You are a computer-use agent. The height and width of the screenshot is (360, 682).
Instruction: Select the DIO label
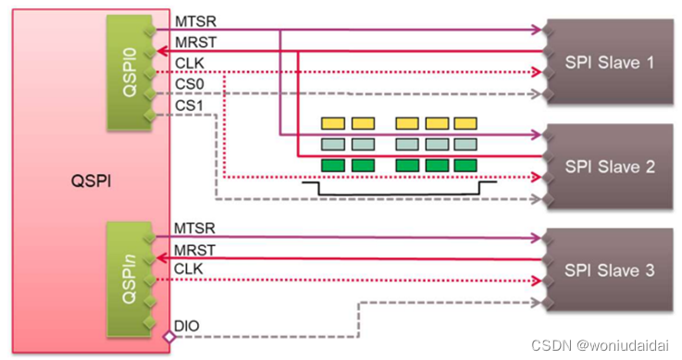[x=186, y=327]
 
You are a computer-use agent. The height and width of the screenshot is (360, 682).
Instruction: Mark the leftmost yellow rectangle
[x=332, y=123]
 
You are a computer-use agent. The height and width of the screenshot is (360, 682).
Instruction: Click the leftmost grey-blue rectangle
[x=332, y=143]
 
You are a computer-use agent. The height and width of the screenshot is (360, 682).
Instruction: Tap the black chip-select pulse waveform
[x=398, y=190]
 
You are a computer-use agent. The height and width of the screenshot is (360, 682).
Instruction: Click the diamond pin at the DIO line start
[x=168, y=338]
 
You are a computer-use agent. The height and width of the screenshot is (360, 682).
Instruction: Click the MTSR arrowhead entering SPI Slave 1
[x=538, y=31]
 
